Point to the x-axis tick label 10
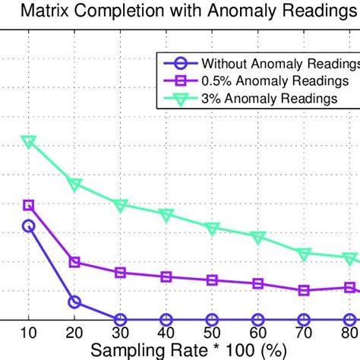click(29, 334)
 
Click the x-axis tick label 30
click(120, 334)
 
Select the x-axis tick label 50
click(212, 334)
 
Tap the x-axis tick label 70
click(304, 334)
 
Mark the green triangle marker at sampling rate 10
click(29, 141)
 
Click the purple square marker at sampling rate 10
click(29, 205)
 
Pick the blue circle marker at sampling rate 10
click(29, 226)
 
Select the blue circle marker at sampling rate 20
click(74, 302)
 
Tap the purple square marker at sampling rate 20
click(74, 262)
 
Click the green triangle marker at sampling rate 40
click(166, 215)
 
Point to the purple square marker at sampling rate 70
click(304, 290)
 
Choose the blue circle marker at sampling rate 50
click(212, 320)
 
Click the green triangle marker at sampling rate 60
click(258, 238)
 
